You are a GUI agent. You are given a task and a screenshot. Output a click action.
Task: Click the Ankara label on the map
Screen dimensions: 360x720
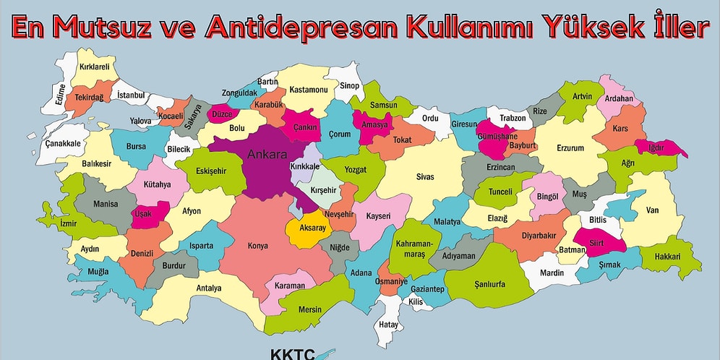pos(267,154)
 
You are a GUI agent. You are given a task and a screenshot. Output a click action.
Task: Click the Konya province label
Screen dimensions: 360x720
pos(257,246)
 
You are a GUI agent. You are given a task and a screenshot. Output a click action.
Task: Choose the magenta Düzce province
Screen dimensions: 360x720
pos(221,114)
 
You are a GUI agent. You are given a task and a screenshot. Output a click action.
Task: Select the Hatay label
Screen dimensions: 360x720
pos(389,325)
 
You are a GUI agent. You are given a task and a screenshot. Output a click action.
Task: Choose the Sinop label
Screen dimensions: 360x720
pos(349,85)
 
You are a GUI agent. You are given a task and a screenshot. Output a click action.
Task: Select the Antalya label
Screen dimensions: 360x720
pos(209,288)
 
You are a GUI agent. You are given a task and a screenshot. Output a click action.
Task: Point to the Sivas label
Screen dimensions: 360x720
pos(425,176)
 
